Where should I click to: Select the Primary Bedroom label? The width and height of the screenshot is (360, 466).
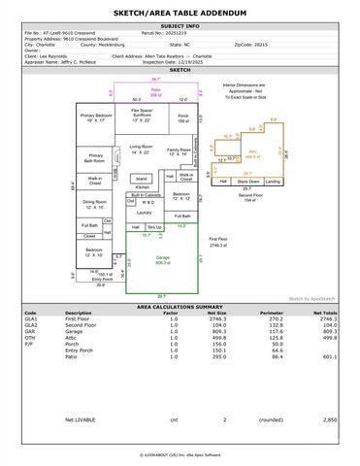click(x=95, y=116)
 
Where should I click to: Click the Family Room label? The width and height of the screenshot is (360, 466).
click(x=179, y=150)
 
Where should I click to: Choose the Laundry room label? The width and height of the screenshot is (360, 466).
click(x=145, y=211)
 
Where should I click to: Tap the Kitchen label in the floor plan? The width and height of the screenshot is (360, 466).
click(x=142, y=187)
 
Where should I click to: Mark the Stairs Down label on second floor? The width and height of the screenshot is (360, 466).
click(x=248, y=181)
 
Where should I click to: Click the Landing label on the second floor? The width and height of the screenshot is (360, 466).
click(x=274, y=181)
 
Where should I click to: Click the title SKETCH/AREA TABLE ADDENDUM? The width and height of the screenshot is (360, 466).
click(x=180, y=12)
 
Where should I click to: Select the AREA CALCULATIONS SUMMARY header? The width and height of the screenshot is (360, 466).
click(x=180, y=305)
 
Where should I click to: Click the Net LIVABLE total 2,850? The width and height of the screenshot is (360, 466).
click(x=329, y=419)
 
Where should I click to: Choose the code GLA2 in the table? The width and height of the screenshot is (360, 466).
click(x=31, y=324)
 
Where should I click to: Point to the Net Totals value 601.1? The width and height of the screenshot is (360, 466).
click(x=328, y=354)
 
